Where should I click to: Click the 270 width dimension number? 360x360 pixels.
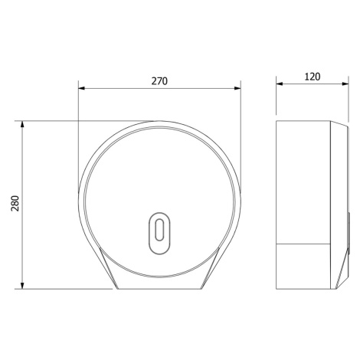pyautogui.click(x=159, y=81)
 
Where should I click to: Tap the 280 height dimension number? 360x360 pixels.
pyautogui.click(x=15, y=203)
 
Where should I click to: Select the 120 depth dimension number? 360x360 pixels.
pyautogui.click(x=313, y=77)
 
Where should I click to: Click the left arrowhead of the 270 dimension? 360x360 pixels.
pyautogui.click(x=81, y=88)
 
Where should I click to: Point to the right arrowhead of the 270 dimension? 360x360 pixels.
pyautogui.click(x=237, y=88)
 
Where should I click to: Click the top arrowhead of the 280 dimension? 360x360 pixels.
pyautogui.click(x=22, y=124)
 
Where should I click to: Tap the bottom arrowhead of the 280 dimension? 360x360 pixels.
pyautogui.click(x=22, y=286)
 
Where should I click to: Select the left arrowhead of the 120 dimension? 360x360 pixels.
pyautogui.click(x=280, y=83)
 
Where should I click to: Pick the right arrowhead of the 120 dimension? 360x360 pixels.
pyautogui.click(x=345, y=83)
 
